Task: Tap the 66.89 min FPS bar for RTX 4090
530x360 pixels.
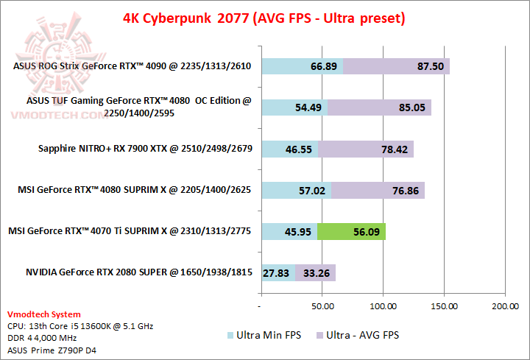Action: pos(302,66)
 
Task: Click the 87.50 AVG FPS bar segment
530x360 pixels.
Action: pos(397,66)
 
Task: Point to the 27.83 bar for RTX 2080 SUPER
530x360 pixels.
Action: pos(278,272)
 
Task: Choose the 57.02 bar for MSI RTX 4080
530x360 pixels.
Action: pos(296,190)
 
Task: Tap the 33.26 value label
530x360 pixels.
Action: pos(315,272)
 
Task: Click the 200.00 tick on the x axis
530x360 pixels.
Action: pos(504,305)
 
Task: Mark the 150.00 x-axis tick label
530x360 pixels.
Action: pos(443,305)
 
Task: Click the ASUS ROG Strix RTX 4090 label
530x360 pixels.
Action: pos(132,66)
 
